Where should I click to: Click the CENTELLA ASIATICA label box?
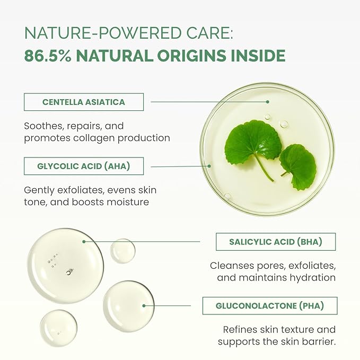pos(84,102)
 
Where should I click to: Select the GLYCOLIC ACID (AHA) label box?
pos(84,166)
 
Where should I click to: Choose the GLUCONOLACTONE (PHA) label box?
pos(270,305)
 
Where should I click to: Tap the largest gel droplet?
pos(65,265)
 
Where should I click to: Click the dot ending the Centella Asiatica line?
pos(268,101)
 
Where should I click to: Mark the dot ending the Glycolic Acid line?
pos(209,165)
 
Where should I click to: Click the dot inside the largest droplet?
pos(84,242)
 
